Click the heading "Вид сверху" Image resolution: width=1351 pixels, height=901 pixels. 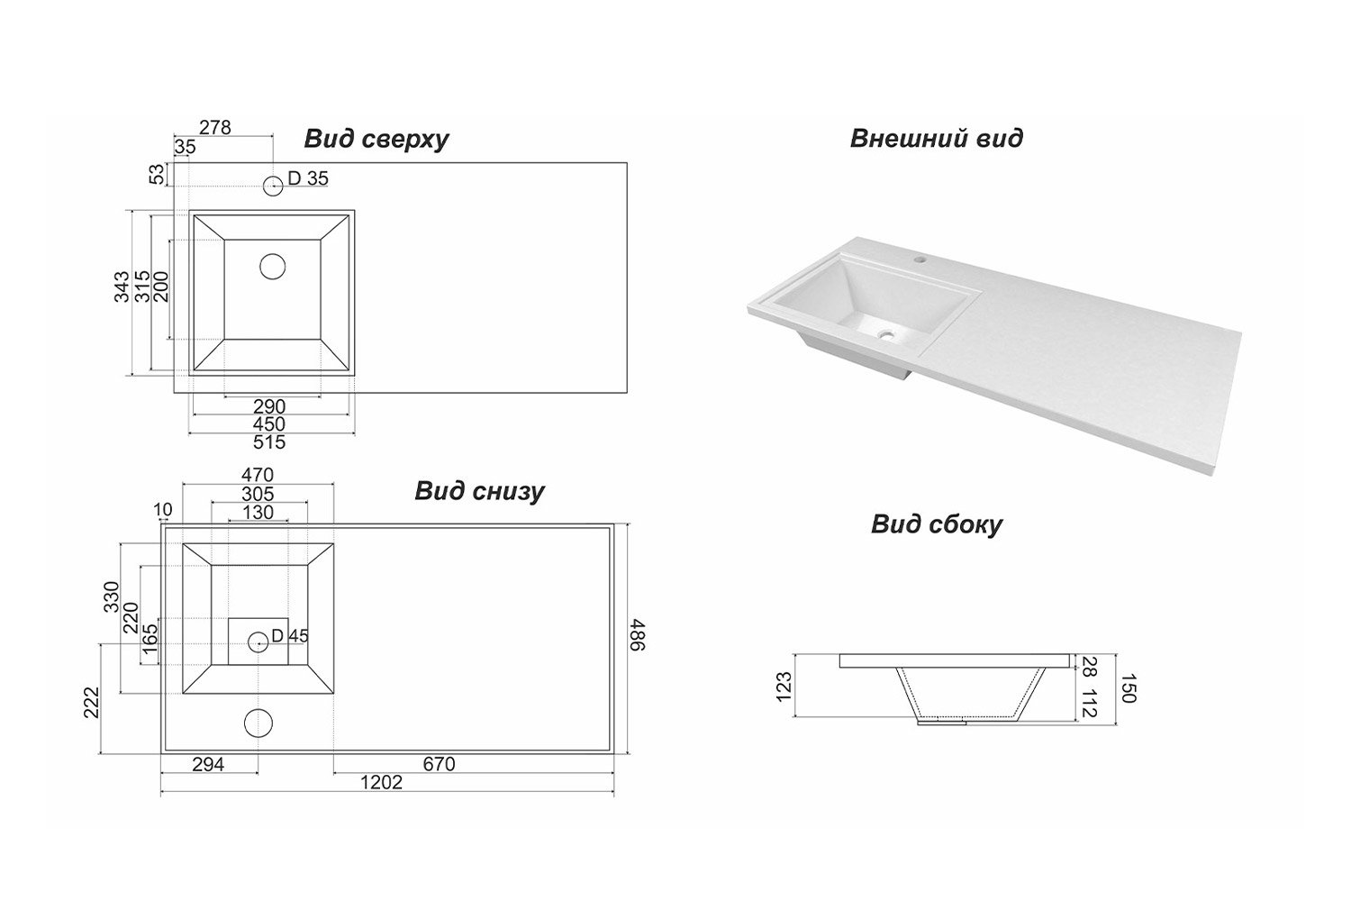point(376,140)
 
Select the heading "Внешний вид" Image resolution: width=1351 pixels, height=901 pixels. point(936,139)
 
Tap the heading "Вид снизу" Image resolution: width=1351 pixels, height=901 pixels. point(479,491)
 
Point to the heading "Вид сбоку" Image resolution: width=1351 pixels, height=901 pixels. point(936,524)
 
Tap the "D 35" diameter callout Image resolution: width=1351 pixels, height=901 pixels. point(308,178)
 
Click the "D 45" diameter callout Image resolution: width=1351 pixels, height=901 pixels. point(289,636)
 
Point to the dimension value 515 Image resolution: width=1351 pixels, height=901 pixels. point(269,441)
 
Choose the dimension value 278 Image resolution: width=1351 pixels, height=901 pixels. point(214,128)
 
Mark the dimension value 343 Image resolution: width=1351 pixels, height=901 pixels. point(122,287)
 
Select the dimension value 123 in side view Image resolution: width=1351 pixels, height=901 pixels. point(784,687)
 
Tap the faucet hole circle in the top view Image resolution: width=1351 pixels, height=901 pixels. point(273,186)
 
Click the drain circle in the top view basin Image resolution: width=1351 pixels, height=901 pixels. point(272,266)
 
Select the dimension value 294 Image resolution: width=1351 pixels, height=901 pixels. point(207,764)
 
